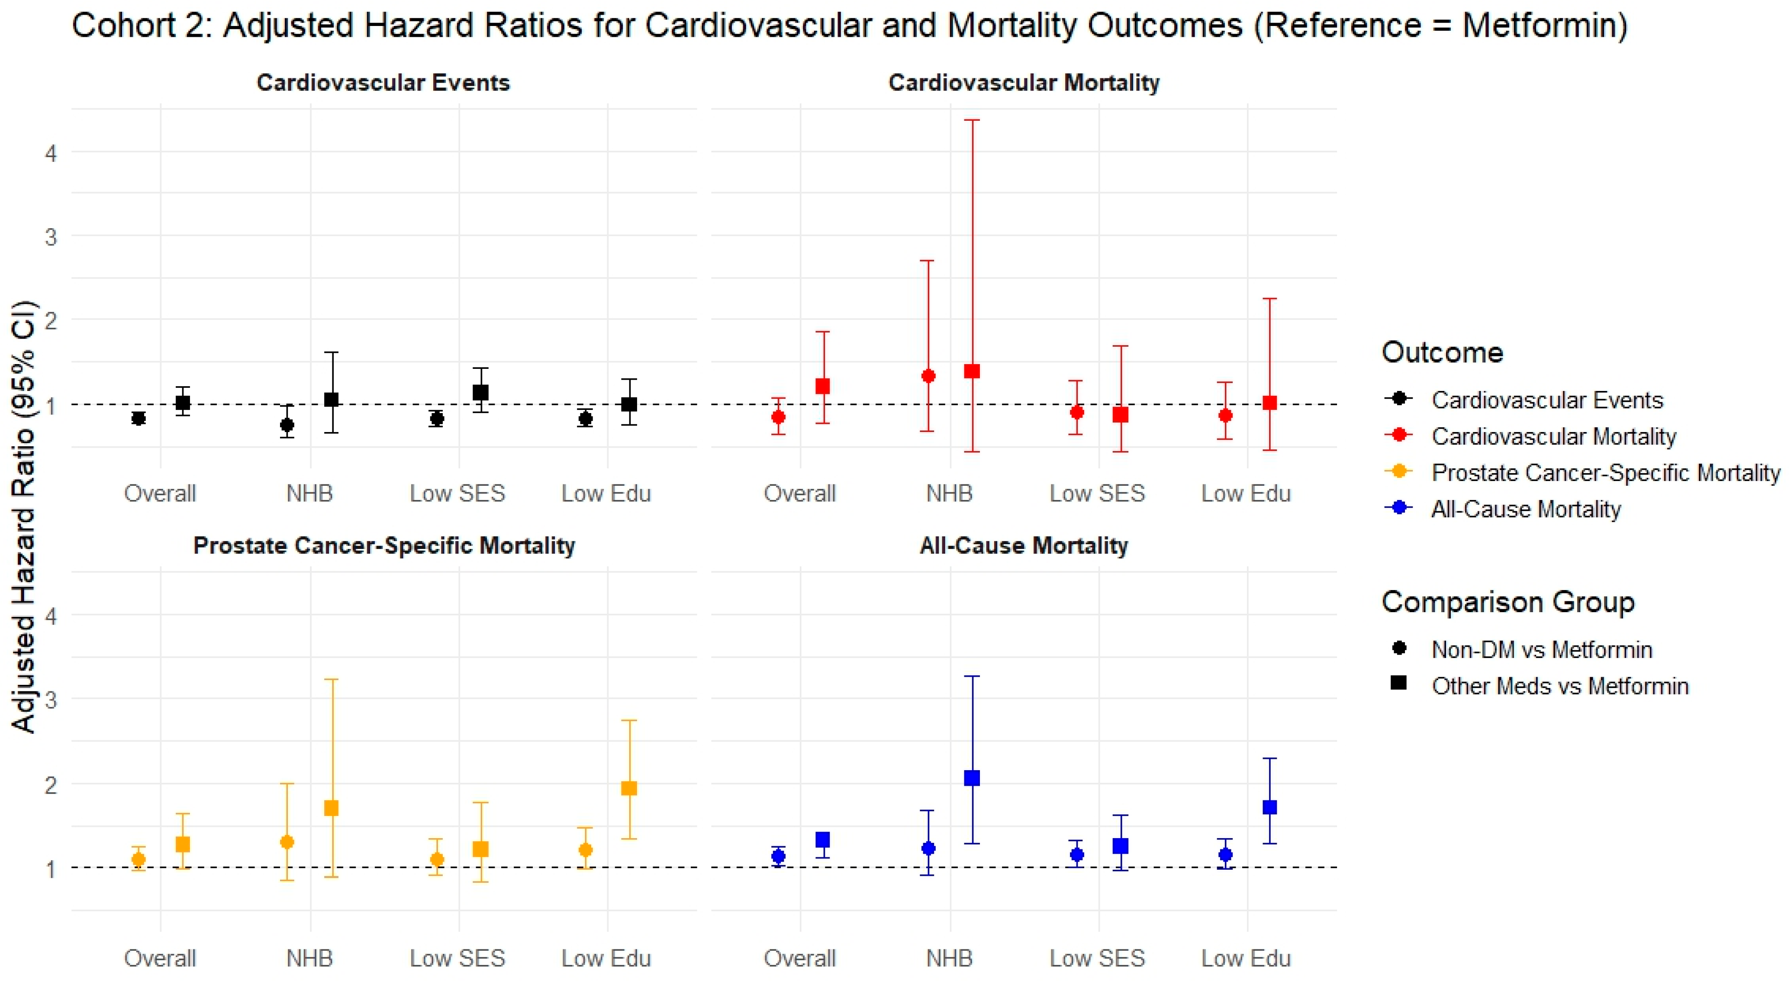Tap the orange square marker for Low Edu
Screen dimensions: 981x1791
[x=628, y=788]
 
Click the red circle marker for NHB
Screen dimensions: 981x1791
[x=928, y=376]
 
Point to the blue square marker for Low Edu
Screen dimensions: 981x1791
[x=1269, y=807]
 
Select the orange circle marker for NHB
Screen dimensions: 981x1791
[x=287, y=842]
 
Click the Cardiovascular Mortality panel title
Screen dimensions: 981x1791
[x=1024, y=83]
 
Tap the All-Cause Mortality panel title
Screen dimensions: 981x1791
[x=1024, y=546]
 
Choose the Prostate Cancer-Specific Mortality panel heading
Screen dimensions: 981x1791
[x=384, y=546]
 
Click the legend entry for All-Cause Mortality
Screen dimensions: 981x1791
[x=1525, y=509]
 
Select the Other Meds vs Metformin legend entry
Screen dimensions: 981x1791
[x=1559, y=686]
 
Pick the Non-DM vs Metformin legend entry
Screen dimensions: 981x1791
[x=1541, y=649]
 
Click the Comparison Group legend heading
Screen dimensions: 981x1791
[x=1508, y=602]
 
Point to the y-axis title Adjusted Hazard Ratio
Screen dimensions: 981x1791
[x=24, y=516]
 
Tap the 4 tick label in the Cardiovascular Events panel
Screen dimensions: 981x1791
[x=51, y=153]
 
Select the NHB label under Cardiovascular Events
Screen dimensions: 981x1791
[x=309, y=494]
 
